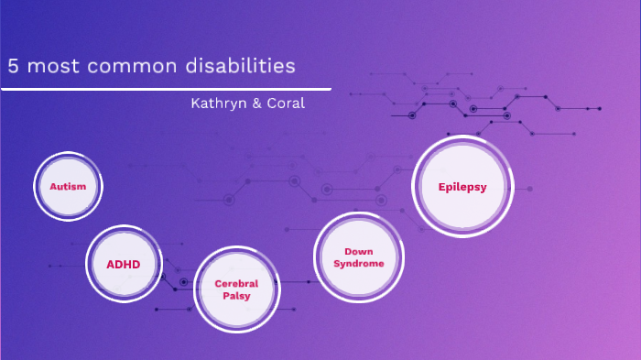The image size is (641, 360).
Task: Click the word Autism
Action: point(68,186)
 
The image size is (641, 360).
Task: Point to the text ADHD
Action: point(124,264)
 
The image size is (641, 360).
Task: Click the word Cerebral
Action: point(237,283)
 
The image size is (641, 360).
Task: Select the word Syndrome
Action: point(358,263)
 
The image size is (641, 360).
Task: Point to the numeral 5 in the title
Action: point(13,67)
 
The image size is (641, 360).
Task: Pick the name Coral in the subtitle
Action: point(285,103)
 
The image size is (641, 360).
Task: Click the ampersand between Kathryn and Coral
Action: point(256,103)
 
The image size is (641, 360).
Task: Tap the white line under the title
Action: point(165,89)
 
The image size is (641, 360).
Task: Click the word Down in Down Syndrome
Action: point(358,251)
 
